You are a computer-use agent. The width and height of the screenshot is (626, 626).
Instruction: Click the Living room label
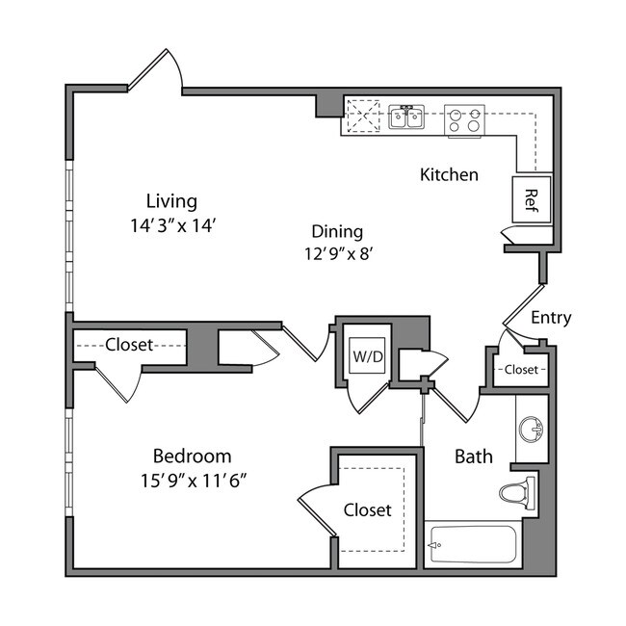171,201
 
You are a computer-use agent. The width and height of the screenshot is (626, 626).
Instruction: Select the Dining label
337,231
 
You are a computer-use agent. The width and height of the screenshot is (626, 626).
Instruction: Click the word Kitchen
449,174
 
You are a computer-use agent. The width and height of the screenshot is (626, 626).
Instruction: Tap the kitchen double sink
407,118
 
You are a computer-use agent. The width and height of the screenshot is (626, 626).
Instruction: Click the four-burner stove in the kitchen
463,119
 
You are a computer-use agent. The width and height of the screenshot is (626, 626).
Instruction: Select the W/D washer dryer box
367,356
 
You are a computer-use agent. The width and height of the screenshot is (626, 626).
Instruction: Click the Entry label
551,318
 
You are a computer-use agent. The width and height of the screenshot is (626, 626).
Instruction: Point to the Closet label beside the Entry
521,369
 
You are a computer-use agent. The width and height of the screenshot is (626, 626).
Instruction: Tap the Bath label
474,456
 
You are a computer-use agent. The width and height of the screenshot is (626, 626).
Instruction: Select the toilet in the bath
519,493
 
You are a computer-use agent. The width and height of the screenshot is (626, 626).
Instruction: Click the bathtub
474,546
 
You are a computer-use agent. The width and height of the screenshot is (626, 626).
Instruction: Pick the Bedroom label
193,456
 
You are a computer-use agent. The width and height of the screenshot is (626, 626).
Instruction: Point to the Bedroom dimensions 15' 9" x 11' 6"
193,481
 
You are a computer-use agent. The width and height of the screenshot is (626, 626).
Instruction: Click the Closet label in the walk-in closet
368,509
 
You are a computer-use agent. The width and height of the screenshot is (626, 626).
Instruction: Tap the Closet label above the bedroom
130,344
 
